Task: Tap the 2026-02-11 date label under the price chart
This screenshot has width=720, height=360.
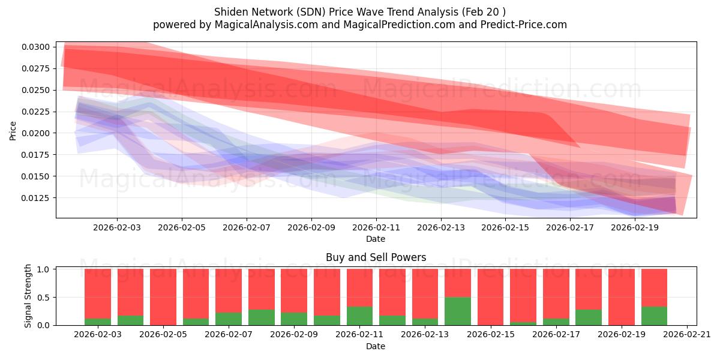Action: (376, 228)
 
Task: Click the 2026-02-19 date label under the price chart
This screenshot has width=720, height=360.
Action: (635, 228)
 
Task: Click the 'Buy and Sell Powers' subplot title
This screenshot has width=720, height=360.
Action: (376, 257)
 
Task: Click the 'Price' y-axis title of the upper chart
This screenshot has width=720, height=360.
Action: (13, 130)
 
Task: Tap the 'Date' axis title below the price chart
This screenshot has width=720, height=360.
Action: (376, 239)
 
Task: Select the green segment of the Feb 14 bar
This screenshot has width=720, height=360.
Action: (458, 311)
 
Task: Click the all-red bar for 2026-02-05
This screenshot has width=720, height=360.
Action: (163, 297)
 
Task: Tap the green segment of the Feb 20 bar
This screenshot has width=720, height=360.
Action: (654, 316)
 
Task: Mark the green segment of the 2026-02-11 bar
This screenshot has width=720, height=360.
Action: (360, 316)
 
